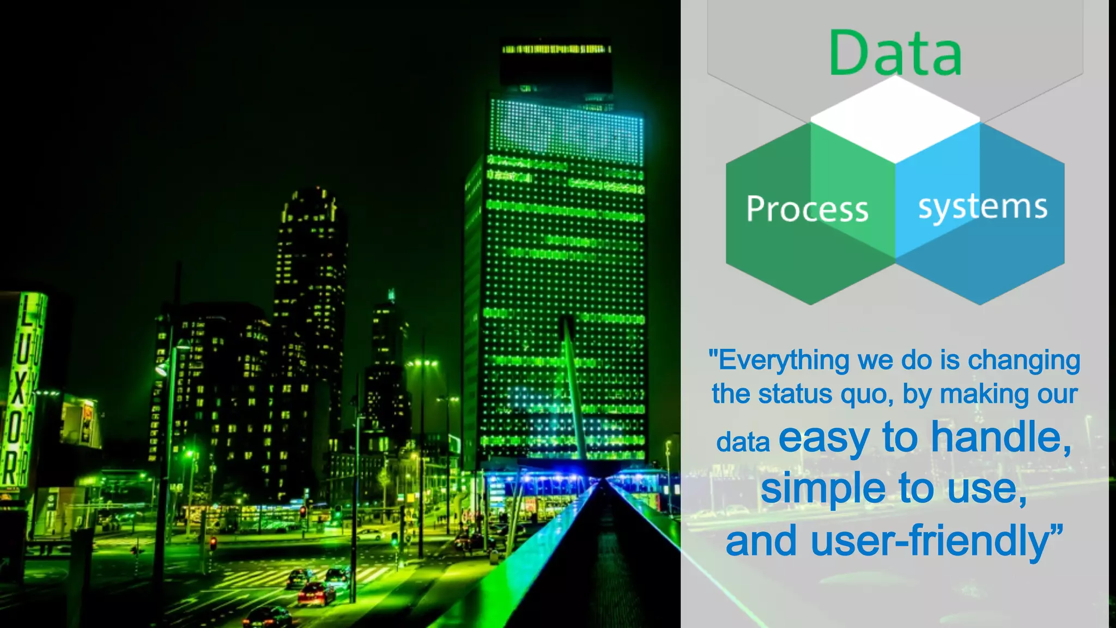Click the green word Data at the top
pyautogui.click(x=895, y=53)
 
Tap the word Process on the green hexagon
pyautogui.click(x=807, y=209)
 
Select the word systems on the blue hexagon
pyautogui.click(x=982, y=207)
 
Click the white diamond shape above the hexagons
pyautogui.click(x=895, y=119)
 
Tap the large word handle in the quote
pyautogui.click(x=1000, y=438)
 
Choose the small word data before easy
pyautogui.click(x=743, y=442)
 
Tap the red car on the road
pyautogui.click(x=317, y=594)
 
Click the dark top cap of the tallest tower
pyautogui.click(x=556, y=65)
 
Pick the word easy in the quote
pyautogui.click(x=823, y=439)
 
